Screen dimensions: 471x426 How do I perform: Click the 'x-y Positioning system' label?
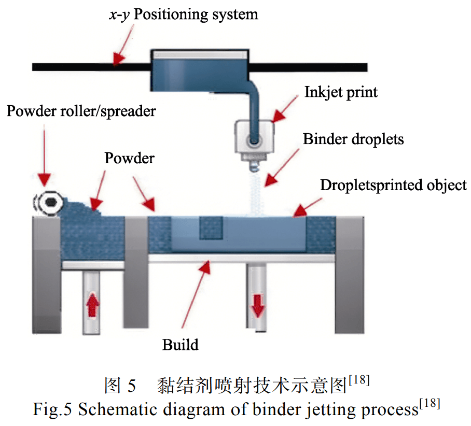coord(184,15)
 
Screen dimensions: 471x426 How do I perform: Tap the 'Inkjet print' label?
coord(341,92)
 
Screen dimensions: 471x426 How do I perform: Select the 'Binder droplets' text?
coord(353,139)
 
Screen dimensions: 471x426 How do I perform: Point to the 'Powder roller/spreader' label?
coord(81,111)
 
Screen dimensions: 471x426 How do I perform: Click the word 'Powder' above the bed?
coord(129,158)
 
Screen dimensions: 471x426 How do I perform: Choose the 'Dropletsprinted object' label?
coord(393,185)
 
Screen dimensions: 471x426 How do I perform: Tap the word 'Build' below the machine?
coord(180,344)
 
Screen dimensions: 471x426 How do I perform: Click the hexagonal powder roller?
coord(48,202)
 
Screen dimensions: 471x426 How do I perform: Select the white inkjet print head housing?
coord(254,137)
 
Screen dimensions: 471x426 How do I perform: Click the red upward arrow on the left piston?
coord(92,306)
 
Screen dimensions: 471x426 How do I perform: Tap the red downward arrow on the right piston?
coord(258,306)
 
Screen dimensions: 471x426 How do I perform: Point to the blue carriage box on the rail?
coord(200,70)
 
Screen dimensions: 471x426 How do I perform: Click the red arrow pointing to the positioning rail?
coord(123,45)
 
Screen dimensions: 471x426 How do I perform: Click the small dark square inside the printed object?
coord(211,228)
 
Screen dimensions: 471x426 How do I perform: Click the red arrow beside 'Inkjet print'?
coord(285,109)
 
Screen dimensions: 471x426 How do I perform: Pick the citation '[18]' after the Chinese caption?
coord(359,380)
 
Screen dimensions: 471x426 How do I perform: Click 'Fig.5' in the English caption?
coord(52,409)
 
